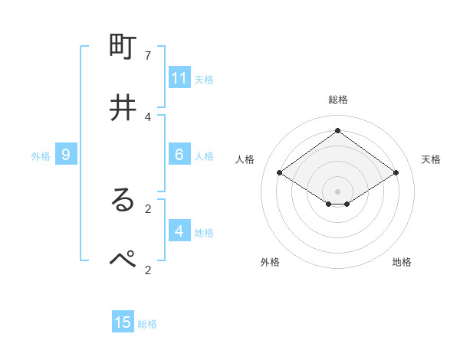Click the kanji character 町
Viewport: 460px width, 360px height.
123,47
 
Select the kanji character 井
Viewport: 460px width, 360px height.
123,107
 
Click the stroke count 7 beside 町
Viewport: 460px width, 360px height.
148,56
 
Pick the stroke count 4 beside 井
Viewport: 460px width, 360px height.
148,116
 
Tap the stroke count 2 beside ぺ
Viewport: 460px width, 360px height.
148,269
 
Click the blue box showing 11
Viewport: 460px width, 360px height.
179,78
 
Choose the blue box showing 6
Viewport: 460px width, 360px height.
179,155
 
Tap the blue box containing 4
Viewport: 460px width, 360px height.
179,231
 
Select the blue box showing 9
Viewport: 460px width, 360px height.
66,155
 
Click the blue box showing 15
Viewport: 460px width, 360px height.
123,322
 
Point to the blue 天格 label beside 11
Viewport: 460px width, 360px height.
204,80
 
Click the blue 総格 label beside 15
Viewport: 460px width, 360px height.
147,324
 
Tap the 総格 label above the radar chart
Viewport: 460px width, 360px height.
337,100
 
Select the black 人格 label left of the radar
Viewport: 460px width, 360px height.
245,159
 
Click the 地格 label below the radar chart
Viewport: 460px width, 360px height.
402,262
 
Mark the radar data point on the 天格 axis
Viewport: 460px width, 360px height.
396,173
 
